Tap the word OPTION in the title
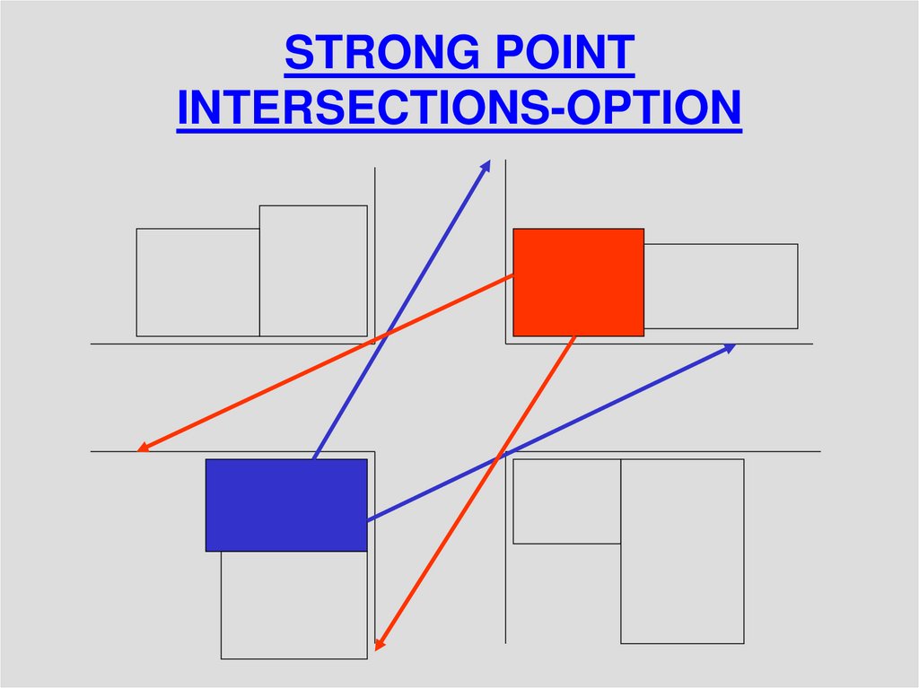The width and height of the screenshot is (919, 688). (x=674, y=109)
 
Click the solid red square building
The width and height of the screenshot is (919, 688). (x=578, y=282)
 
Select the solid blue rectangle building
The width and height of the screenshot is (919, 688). (x=285, y=505)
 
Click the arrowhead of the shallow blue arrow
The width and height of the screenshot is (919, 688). (x=730, y=346)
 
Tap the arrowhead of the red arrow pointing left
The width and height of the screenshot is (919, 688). (x=143, y=448)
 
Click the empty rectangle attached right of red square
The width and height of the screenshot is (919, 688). (x=721, y=286)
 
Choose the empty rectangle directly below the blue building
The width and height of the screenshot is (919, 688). (x=293, y=605)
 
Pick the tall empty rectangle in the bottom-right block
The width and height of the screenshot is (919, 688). (x=682, y=551)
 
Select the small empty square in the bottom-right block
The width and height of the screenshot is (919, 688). (x=566, y=501)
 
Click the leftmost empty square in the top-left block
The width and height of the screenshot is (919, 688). (x=197, y=283)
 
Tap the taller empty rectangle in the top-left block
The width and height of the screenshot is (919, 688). (x=313, y=271)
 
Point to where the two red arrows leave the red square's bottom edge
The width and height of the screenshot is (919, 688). (x=573, y=337)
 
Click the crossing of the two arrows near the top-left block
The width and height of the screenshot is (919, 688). (x=385, y=336)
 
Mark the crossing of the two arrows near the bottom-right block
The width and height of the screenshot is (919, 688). (x=499, y=459)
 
